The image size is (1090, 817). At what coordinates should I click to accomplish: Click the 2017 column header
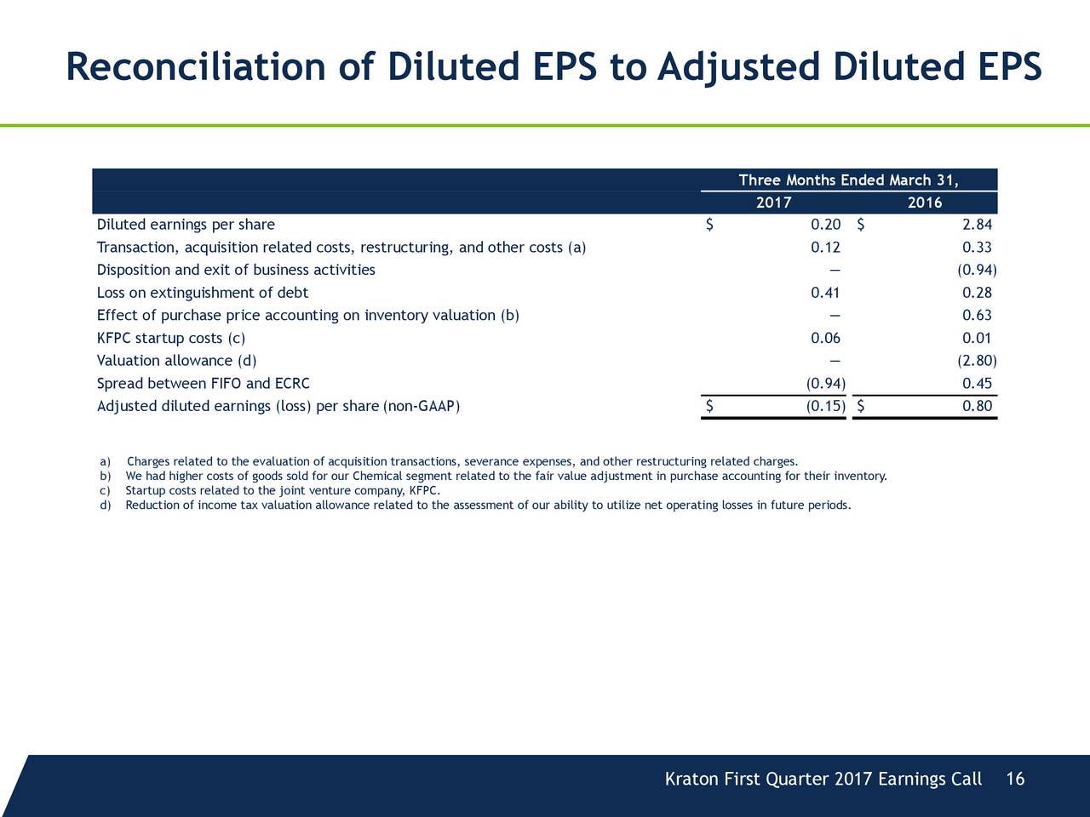point(773,203)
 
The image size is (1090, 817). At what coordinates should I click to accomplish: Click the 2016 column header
point(925,203)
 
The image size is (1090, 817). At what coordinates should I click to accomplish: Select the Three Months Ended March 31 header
point(849,180)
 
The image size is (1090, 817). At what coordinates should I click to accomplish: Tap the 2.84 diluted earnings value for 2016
point(977,225)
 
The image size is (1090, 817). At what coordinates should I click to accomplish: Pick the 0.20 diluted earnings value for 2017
point(825,225)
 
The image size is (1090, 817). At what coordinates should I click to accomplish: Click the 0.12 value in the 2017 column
point(825,247)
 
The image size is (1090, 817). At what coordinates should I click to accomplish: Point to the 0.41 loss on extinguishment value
point(825,293)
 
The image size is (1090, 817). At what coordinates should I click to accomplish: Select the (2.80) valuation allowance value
point(977,360)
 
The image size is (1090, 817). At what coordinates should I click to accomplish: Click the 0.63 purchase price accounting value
point(977,315)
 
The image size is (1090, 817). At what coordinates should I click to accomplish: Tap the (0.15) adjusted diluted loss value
point(825,406)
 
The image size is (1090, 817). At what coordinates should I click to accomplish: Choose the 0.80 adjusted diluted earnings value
point(977,406)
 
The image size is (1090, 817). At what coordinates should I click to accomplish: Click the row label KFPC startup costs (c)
point(171,339)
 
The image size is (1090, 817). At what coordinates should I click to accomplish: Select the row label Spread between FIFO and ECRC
point(204,384)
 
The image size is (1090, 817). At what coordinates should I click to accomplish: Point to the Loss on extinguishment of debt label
point(203,293)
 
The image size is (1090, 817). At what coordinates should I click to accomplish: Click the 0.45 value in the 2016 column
point(977,384)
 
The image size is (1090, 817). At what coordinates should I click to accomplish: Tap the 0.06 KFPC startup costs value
point(825,339)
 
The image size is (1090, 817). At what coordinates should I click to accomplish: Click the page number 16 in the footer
point(1015,779)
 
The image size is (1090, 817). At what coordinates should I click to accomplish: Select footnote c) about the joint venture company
point(270,490)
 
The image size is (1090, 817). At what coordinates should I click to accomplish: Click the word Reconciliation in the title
point(196,66)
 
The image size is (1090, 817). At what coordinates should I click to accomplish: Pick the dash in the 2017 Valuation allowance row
point(835,361)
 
